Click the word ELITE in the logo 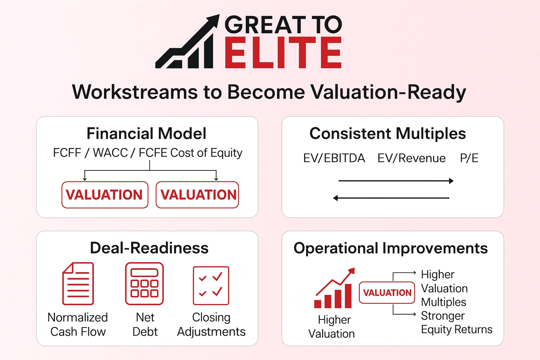tap(283, 53)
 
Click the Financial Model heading tap(146, 134)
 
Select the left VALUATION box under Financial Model tap(104, 195)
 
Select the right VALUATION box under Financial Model tap(198, 195)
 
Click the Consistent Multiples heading tap(387, 134)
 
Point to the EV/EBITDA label tap(334, 158)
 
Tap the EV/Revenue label tap(411, 158)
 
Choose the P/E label tap(469, 158)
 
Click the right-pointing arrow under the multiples tap(396, 181)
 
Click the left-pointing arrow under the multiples tap(391, 198)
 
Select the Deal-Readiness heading tap(149, 248)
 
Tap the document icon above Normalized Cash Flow tap(78, 283)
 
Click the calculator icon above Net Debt tap(144, 283)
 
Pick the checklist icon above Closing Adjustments tap(211, 285)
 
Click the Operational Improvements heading tap(390, 248)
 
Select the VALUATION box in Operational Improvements tap(387, 292)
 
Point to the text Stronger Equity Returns tap(456, 323)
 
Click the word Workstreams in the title tap(135, 92)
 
